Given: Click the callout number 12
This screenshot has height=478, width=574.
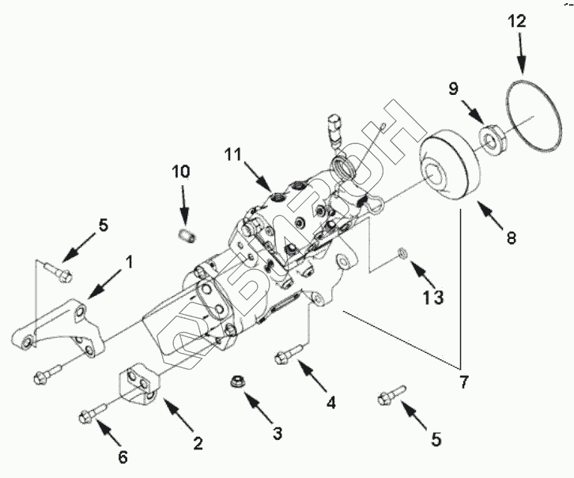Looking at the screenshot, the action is pyautogui.click(x=516, y=21).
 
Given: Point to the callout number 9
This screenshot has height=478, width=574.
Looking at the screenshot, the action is pyautogui.click(x=453, y=89).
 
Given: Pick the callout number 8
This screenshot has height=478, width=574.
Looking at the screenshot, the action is pyautogui.click(x=512, y=237).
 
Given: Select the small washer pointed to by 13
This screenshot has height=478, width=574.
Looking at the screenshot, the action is pyautogui.click(x=402, y=252).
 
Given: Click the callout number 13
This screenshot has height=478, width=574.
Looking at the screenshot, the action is pyautogui.click(x=433, y=297).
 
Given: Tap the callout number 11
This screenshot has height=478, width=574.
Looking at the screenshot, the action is pyautogui.click(x=232, y=154).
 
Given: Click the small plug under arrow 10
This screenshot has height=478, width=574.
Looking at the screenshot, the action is pyautogui.click(x=187, y=236).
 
